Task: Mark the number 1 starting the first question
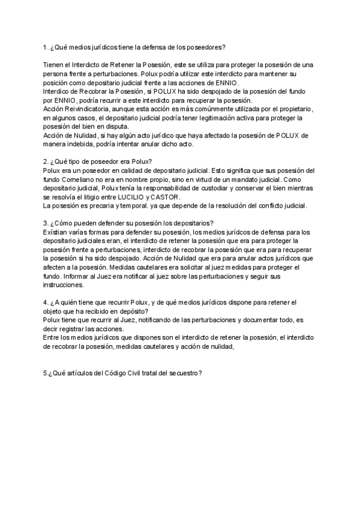tap(46, 47)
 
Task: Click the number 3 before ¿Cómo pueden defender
tap(46, 223)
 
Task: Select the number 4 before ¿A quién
tap(46, 303)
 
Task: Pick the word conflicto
tap(269, 206)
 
